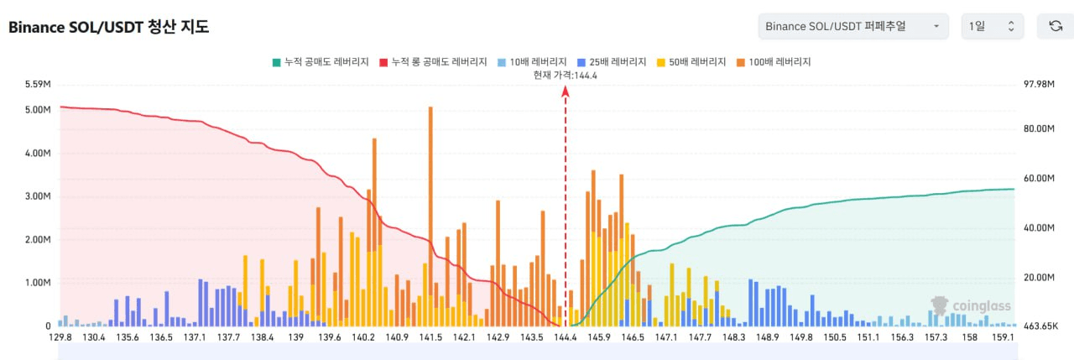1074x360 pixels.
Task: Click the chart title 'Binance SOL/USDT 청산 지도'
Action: point(108,27)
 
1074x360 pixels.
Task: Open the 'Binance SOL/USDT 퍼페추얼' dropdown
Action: point(852,26)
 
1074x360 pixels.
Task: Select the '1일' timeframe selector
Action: point(992,26)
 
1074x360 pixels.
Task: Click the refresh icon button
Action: point(1055,26)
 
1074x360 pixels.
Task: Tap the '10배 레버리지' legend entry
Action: point(531,62)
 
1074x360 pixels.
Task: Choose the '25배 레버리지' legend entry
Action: point(613,62)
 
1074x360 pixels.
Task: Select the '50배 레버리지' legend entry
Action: point(695,62)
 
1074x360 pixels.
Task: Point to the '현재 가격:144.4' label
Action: point(565,75)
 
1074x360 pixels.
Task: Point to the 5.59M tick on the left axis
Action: point(38,84)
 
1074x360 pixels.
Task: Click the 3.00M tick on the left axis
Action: point(38,196)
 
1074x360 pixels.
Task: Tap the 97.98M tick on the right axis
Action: point(1038,84)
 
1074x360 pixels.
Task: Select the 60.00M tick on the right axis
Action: point(1038,178)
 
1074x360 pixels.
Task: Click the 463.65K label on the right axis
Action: point(1041,326)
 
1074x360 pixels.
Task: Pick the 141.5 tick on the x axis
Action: point(430,337)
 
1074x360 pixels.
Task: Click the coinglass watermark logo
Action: point(972,306)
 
